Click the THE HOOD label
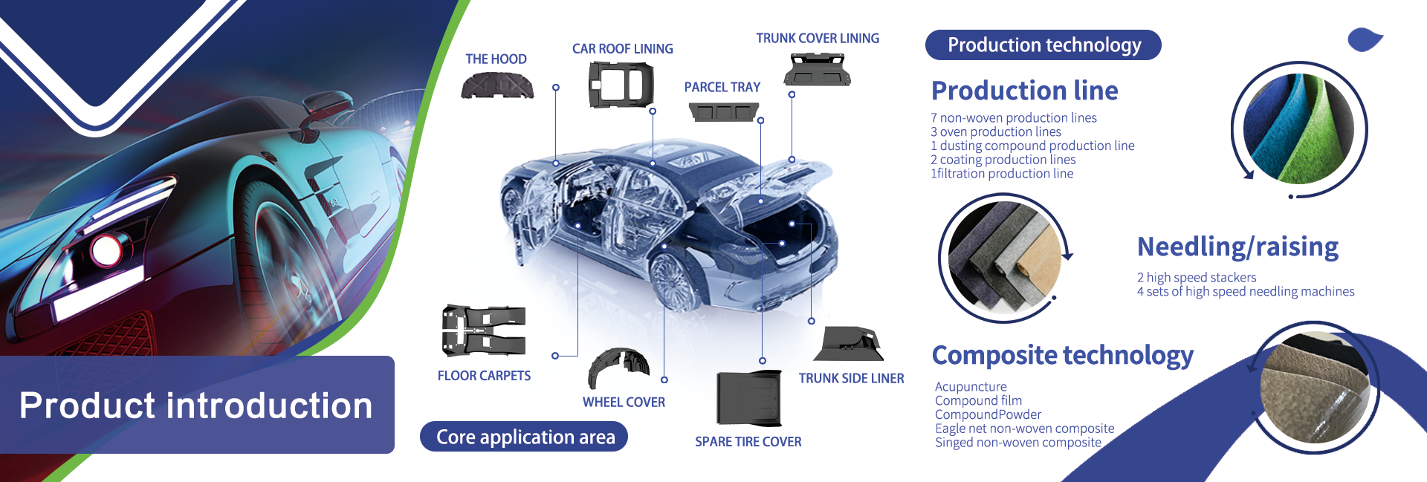496,59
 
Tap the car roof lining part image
621,84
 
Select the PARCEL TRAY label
722,88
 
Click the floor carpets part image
484,330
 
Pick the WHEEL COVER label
624,403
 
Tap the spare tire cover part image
749,398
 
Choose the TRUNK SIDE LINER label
851,379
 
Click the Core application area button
524,437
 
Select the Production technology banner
1043,45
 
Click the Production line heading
1024,91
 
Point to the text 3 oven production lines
996,131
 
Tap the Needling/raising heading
1237,247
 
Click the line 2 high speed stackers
1196,277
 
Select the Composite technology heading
1062,355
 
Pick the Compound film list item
978,400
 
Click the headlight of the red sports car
106,250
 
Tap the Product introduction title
196,406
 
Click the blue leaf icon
1365,40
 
